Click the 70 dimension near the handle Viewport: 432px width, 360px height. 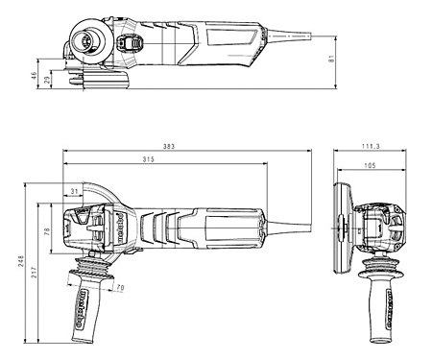point(119,287)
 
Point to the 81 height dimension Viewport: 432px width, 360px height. point(330,60)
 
